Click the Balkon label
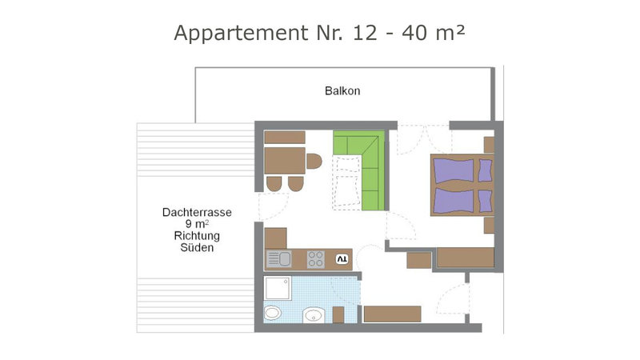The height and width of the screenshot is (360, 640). [x=342, y=90]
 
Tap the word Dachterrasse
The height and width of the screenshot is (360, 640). [x=197, y=212]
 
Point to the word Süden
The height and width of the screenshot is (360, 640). [x=197, y=247]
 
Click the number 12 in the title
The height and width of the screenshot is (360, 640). [x=366, y=33]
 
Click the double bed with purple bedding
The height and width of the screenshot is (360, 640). [x=462, y=185]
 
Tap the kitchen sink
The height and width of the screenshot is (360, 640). [x=278, y=259]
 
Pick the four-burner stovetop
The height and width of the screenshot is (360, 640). [x=316, y=259]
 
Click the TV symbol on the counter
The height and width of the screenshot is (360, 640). [x=342, y=258]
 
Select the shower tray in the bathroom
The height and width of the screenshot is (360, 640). [x=278, y=288]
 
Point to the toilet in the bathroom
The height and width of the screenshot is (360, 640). [x=272, y=313]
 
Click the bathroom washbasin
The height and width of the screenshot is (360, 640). [x=314, y=315]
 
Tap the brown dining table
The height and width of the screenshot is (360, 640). [x=285, y=161]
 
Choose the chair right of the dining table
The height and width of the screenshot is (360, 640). [x=314, y=161]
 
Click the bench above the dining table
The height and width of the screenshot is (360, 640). [x=285, y=137]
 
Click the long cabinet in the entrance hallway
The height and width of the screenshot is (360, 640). [x=392, y=314]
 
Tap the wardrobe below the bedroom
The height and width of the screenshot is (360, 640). [x=466, y=258]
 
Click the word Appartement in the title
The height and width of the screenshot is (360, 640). [x=241, y=33]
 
